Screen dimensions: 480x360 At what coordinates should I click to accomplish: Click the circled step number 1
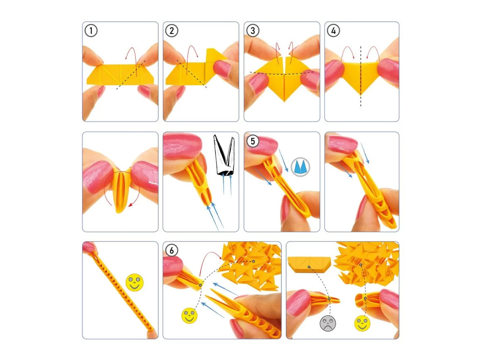click(x=91, y=31)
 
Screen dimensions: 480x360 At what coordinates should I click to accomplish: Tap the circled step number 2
click(x=172, y=31)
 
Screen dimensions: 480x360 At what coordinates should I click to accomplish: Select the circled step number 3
click(x=252, y=31)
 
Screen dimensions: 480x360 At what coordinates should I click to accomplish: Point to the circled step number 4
click(x=334, y=31)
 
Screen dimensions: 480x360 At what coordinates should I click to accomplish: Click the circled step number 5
click(x=252, y=141)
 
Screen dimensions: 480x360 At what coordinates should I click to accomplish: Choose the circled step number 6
click(x=172, y=251)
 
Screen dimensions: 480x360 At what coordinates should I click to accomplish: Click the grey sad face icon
click(x=327, y=323)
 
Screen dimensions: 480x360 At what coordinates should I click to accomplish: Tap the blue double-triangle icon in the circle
click(x=300, y=167)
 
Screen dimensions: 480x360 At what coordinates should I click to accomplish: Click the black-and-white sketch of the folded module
click(x=224, y=156)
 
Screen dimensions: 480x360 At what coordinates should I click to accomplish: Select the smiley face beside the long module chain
click(x=134, y=283)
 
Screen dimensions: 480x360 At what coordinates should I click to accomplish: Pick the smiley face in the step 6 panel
click(x=190, y=316)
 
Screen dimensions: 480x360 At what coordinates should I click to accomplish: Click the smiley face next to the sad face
click(x=362, y=323)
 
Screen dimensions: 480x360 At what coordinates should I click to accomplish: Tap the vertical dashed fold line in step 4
click(x=361, y=76)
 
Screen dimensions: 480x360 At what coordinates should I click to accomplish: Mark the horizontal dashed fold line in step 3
click(x=282, y=73)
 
